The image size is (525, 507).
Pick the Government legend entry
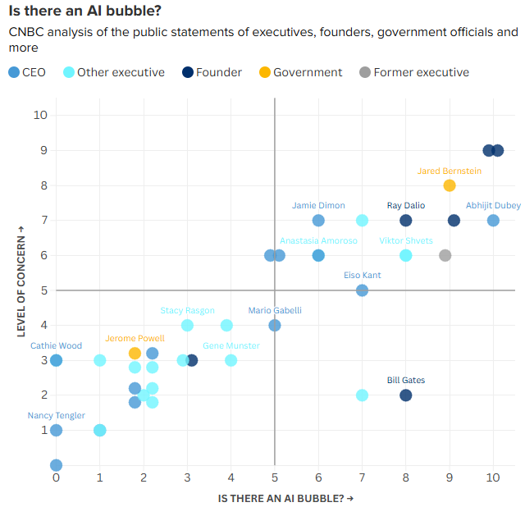coord(299,72)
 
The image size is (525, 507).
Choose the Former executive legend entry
coord(413,72)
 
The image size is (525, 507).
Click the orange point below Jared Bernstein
coord(450,185)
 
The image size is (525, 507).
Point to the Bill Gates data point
coord(405,395)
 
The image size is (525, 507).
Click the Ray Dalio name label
coord(405,205)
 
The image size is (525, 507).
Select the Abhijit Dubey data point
coord(493,220)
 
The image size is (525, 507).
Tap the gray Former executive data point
coord(445,255)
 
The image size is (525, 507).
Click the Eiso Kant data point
coord(362,290)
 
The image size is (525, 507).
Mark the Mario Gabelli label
coord(275,310)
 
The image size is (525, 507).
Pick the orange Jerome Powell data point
coord(135,353)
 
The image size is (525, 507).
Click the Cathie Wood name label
coord(56,345)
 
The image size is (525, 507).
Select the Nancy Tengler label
coord(56,416)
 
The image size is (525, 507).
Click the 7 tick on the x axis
coord(362,477)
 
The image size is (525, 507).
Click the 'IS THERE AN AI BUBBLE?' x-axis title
coord(286,498)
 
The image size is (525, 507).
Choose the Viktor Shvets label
coord(406,240)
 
